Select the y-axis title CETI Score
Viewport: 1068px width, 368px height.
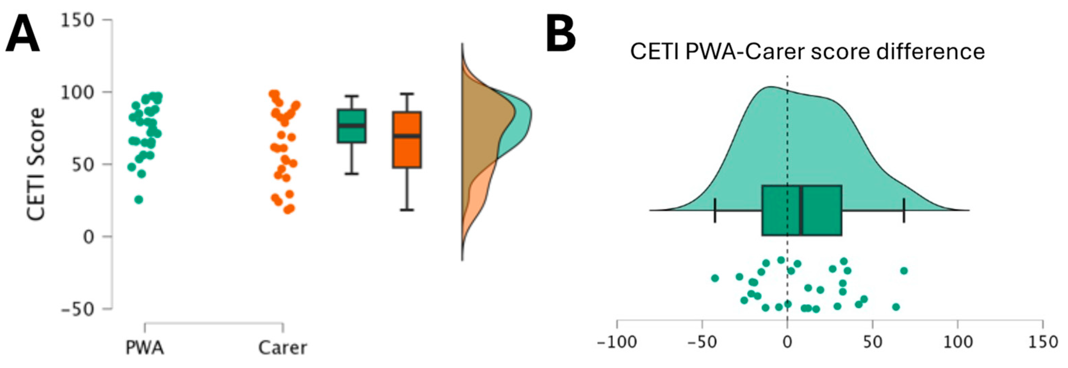point(36,164)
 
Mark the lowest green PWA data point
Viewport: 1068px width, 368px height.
point(139,200)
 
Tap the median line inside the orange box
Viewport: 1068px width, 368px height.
point(407,136)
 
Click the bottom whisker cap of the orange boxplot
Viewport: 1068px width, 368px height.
point(407,210)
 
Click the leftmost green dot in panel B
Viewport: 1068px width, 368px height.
point(715,278)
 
